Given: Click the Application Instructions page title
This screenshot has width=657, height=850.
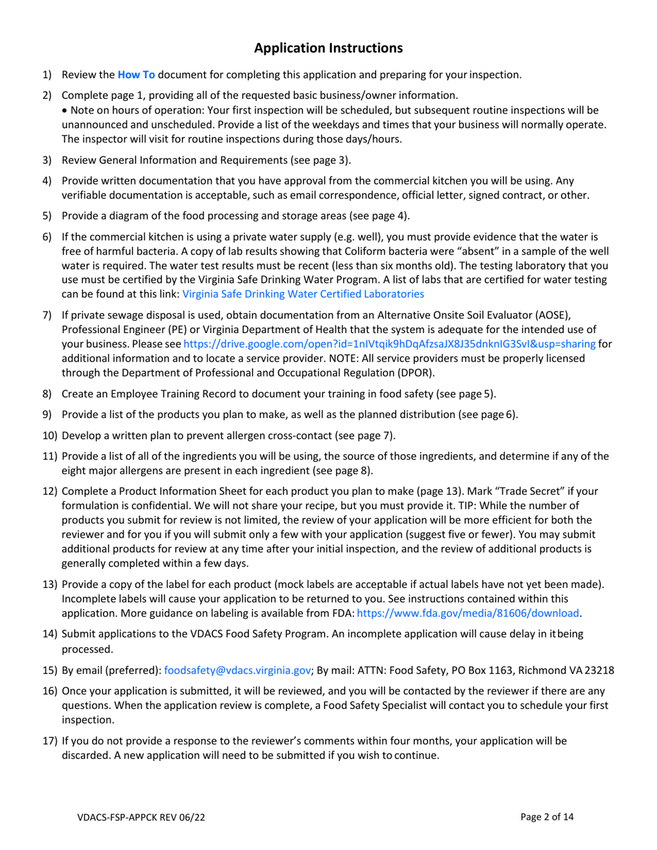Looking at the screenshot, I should [328, 48].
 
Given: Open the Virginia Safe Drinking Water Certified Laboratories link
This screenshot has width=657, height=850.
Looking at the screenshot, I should [303, 294].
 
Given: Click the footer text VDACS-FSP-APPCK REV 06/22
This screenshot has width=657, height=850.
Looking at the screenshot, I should [141, 817].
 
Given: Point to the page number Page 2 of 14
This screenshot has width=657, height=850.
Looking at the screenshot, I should [548, 817].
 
